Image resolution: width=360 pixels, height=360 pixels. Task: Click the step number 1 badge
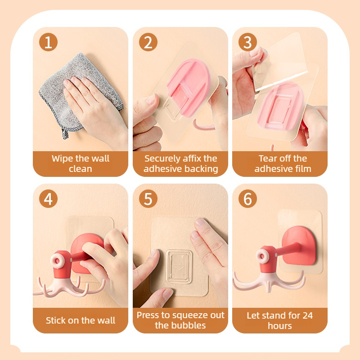pyautogui.click(x=48, y=42)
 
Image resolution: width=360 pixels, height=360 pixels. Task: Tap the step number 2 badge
pyautogui.click(x=148, y=42)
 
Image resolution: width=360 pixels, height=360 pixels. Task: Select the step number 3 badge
pyautogui.click(x=247, y=42)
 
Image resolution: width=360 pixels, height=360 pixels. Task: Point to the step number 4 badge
pyautogui.click(x=48, y=199)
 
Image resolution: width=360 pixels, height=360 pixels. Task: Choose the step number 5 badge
pyautogui.click(x=148, y=199)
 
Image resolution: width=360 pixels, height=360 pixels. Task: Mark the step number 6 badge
pyautogui.click(x=247, y=199)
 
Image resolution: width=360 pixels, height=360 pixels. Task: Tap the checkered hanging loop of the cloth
pyautogui.click(x=65, y=134)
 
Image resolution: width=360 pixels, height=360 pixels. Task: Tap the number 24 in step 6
pyautogui.click(x=307, y=316)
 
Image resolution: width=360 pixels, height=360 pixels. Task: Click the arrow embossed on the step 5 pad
pyautogui.click(x=179, y=266)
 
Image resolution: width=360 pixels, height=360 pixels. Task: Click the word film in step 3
pyautogui.click(x=303, y=169)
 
